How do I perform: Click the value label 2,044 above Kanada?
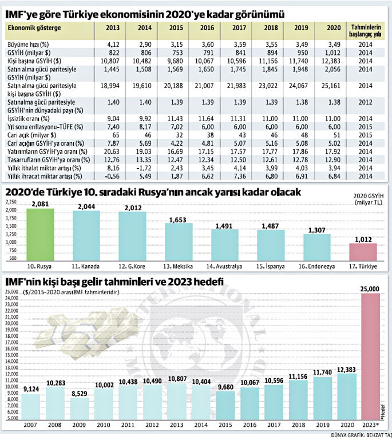(87, 206)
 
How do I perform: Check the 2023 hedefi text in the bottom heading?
(197, 281)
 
